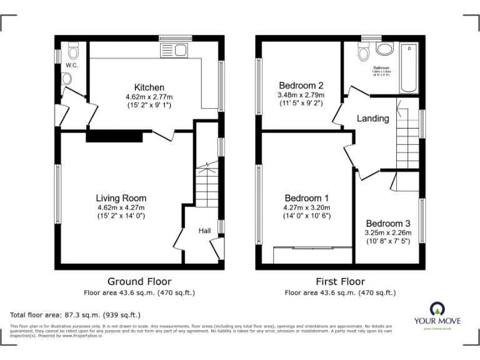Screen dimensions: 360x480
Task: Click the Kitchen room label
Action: [x=149, y=87]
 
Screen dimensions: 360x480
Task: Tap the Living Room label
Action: [x=121, y=198]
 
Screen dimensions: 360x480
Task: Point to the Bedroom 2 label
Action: [x=301, y=86]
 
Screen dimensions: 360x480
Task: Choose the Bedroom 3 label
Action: [x=388, y=224]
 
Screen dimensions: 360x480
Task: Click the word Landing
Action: [x=372, y=118]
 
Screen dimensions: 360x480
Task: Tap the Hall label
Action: [x=204, y=231]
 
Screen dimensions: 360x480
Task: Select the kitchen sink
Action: [x=174, y=51]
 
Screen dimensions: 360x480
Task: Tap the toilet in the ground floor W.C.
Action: [x=72, y=50]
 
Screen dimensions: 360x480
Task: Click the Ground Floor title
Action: [x=139, y=281]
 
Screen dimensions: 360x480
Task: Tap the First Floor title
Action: [x=340, y=281]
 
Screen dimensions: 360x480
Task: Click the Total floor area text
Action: [x=75, y=315]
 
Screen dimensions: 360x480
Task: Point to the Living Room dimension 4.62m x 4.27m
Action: [x=121, y=207]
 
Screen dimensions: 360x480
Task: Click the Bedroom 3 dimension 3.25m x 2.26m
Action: [x=388, y=233]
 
